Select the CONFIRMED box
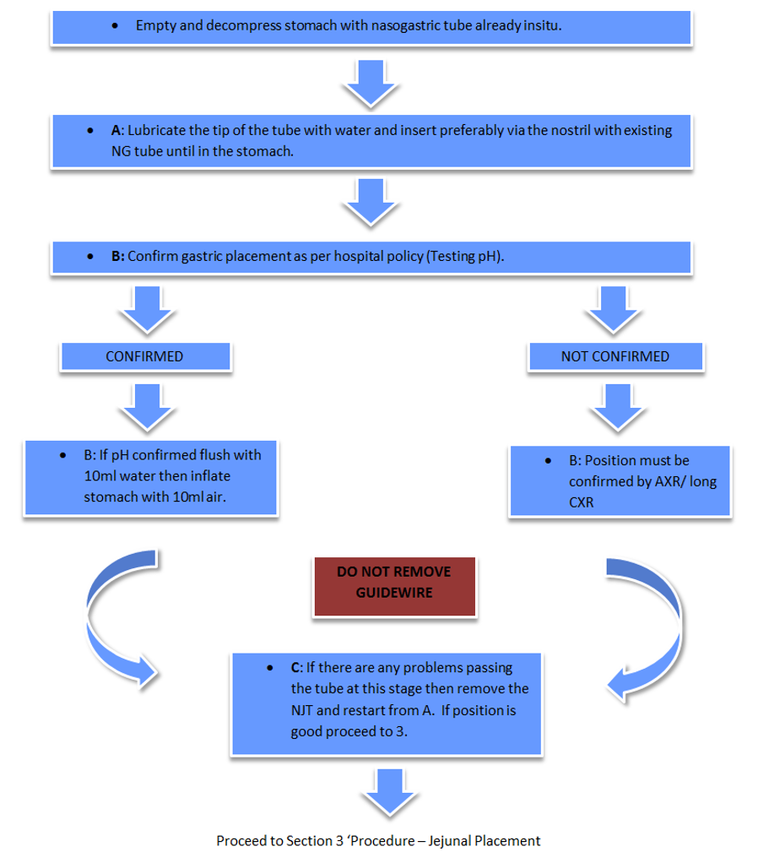coord(145,356)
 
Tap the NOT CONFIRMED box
coord(615,356)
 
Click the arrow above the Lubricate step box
coord(371,82)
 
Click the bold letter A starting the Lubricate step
coord(116,132)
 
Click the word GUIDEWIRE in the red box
coord(393,593)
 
